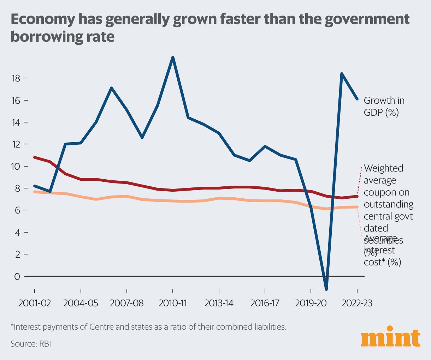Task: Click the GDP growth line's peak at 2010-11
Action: pyautogui.click(x=173, y=57)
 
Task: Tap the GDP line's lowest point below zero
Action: pyautogui.click(x=326, y=289)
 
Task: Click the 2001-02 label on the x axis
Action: pyautogui.click(x=35, y=303)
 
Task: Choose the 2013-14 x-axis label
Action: pyautogui.click(x=219, y=303)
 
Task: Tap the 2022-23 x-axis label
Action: pyautogui.click(x=357, y=303)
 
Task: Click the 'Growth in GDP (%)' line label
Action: pyautogui.click(x=384, y=106)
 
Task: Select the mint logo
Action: pyautogui.click(x=391, y=339)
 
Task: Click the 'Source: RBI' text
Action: pyautogui.click(x=31, y=343)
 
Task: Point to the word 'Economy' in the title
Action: pyautogui.click(x=42, y=19)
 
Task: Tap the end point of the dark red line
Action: pyautogui.click(x=357, y=196)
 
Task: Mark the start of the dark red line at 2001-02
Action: pyautogui.click(x=35, y=157)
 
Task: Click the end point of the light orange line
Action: pyautogui.click(x=357, y=207)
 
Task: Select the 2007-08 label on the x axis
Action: pyautogui.click(x=126, y=303)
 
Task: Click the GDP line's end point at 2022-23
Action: pyautogui.click(x=357, y=99)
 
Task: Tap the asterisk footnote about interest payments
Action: pyautogui.click(x=148, y=327)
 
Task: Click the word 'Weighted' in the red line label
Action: pyautogui.click(x=383, y=168)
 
